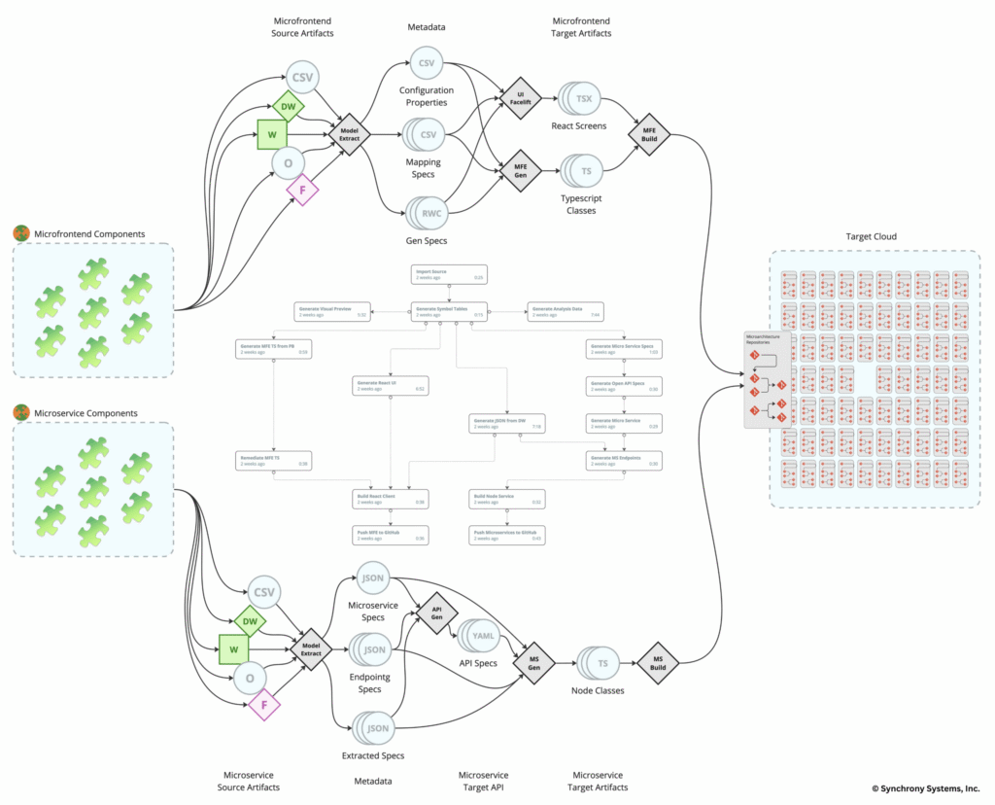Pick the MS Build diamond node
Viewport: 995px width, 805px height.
click(658, 664)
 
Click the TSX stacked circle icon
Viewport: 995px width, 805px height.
click(582, 99)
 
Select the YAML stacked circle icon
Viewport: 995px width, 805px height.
click(481, 636)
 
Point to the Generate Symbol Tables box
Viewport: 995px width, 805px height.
click(449, 311)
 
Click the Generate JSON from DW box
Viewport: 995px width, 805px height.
click(506, 423)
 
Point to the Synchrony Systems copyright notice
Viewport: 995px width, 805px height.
click(925, 788)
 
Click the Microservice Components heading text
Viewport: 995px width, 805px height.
click(86, 413)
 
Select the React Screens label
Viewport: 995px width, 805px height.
click(580, 126)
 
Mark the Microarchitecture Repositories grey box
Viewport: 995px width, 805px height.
click(767, 379)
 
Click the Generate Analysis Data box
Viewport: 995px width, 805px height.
click(564, 311)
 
